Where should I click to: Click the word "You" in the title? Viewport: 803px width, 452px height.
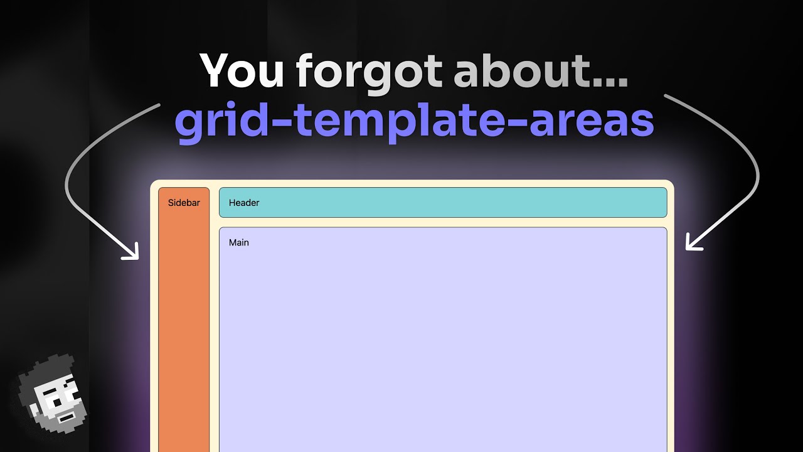click(x=242, y=72)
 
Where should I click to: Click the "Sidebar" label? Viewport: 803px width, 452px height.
click(x=184, y=203)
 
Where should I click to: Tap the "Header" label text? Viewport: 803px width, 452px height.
click(x=244, y=203)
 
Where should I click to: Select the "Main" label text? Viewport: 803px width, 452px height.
click(x=239, y=242)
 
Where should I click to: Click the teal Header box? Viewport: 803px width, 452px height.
click(x=442, y=202)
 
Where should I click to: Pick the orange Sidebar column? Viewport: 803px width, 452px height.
click(x=184, y=326)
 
